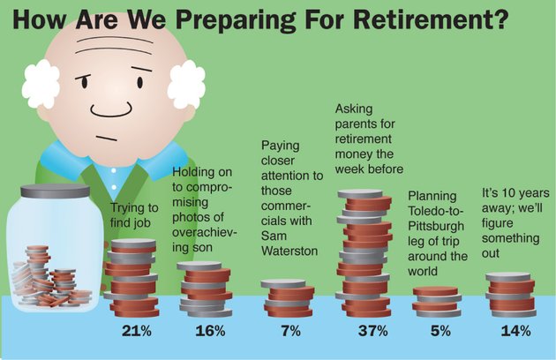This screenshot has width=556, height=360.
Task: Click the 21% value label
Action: (137, 331)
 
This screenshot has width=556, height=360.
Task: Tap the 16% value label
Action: (210, 331)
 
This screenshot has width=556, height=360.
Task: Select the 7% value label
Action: (290, 331)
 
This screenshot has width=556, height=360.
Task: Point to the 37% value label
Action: (372, 331)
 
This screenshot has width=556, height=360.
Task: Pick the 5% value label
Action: (440, 331)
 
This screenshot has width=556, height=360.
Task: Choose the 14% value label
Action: (515, 331)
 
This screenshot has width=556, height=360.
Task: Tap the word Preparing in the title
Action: (236, 20)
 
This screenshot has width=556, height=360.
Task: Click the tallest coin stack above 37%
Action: (364, 253)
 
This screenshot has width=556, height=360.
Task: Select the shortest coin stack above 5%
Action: (437, 302)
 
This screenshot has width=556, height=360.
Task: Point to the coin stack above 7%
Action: (289, 298)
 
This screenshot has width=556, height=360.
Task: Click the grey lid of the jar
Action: (55, 191)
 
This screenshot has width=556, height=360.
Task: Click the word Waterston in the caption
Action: (289, 251)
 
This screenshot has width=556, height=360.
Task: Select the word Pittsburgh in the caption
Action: (436, 226)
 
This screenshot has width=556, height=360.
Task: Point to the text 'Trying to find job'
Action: (134, 215)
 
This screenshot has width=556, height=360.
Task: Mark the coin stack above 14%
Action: (510, 295)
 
